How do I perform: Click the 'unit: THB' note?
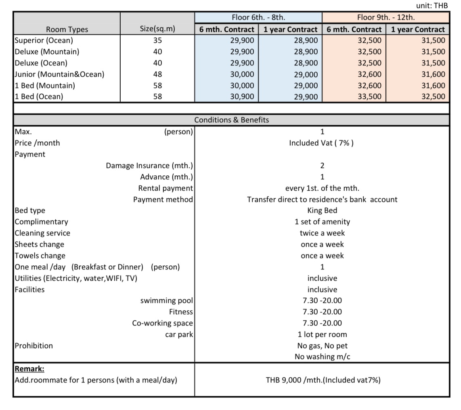432,6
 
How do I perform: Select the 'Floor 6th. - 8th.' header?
258,17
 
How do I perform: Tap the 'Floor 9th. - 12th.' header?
386,17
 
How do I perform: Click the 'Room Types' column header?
67,29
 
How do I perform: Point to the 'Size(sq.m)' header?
157,29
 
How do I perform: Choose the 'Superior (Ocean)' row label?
44,40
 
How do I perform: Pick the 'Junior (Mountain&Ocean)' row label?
59,74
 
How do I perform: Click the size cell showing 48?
157,74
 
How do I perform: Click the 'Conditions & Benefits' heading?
231,120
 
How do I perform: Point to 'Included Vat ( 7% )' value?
321,143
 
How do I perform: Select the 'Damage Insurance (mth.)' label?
149,166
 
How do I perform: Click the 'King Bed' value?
322,210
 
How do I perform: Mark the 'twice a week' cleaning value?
322,233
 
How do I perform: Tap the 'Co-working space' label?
162,323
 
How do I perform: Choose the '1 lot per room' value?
322,334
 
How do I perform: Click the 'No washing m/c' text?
322,357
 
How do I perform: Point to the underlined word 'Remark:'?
29,369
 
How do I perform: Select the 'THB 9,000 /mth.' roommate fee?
323,380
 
